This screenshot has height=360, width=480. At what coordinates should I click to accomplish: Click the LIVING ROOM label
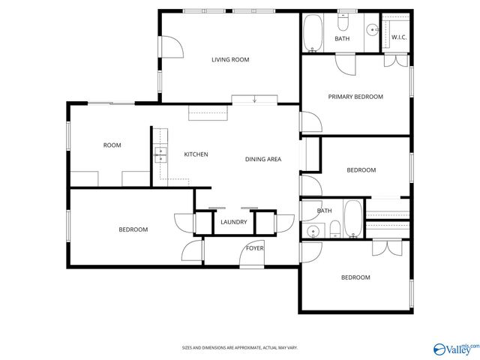(x=229, y=59)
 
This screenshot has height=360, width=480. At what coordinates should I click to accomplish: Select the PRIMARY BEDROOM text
(x=355, y=97)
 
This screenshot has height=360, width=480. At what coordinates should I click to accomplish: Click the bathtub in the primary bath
(x=313, y=31)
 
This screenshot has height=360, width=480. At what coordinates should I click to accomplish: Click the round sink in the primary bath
(x=371, y=31)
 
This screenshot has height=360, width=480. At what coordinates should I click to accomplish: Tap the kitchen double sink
(x=160, y=154)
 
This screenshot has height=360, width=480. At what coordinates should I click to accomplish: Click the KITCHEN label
(x=196, y=154)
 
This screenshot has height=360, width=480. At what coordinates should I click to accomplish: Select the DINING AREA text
(x=263, y=159)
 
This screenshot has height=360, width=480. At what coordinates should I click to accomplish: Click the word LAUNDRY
(x=234, y=222)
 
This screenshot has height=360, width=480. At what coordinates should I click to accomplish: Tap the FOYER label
(x=255, y=248)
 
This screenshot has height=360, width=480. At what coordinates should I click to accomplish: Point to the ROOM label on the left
(x=112, y=145)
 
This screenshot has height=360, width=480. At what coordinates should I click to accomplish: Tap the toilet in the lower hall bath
(x=335, y=229)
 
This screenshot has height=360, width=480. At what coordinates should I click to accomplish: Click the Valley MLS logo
(x=453, y=347)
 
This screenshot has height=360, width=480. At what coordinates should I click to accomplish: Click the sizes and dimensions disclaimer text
(x=239, y=348)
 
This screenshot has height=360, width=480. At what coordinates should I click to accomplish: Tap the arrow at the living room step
(x=254, y=100)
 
